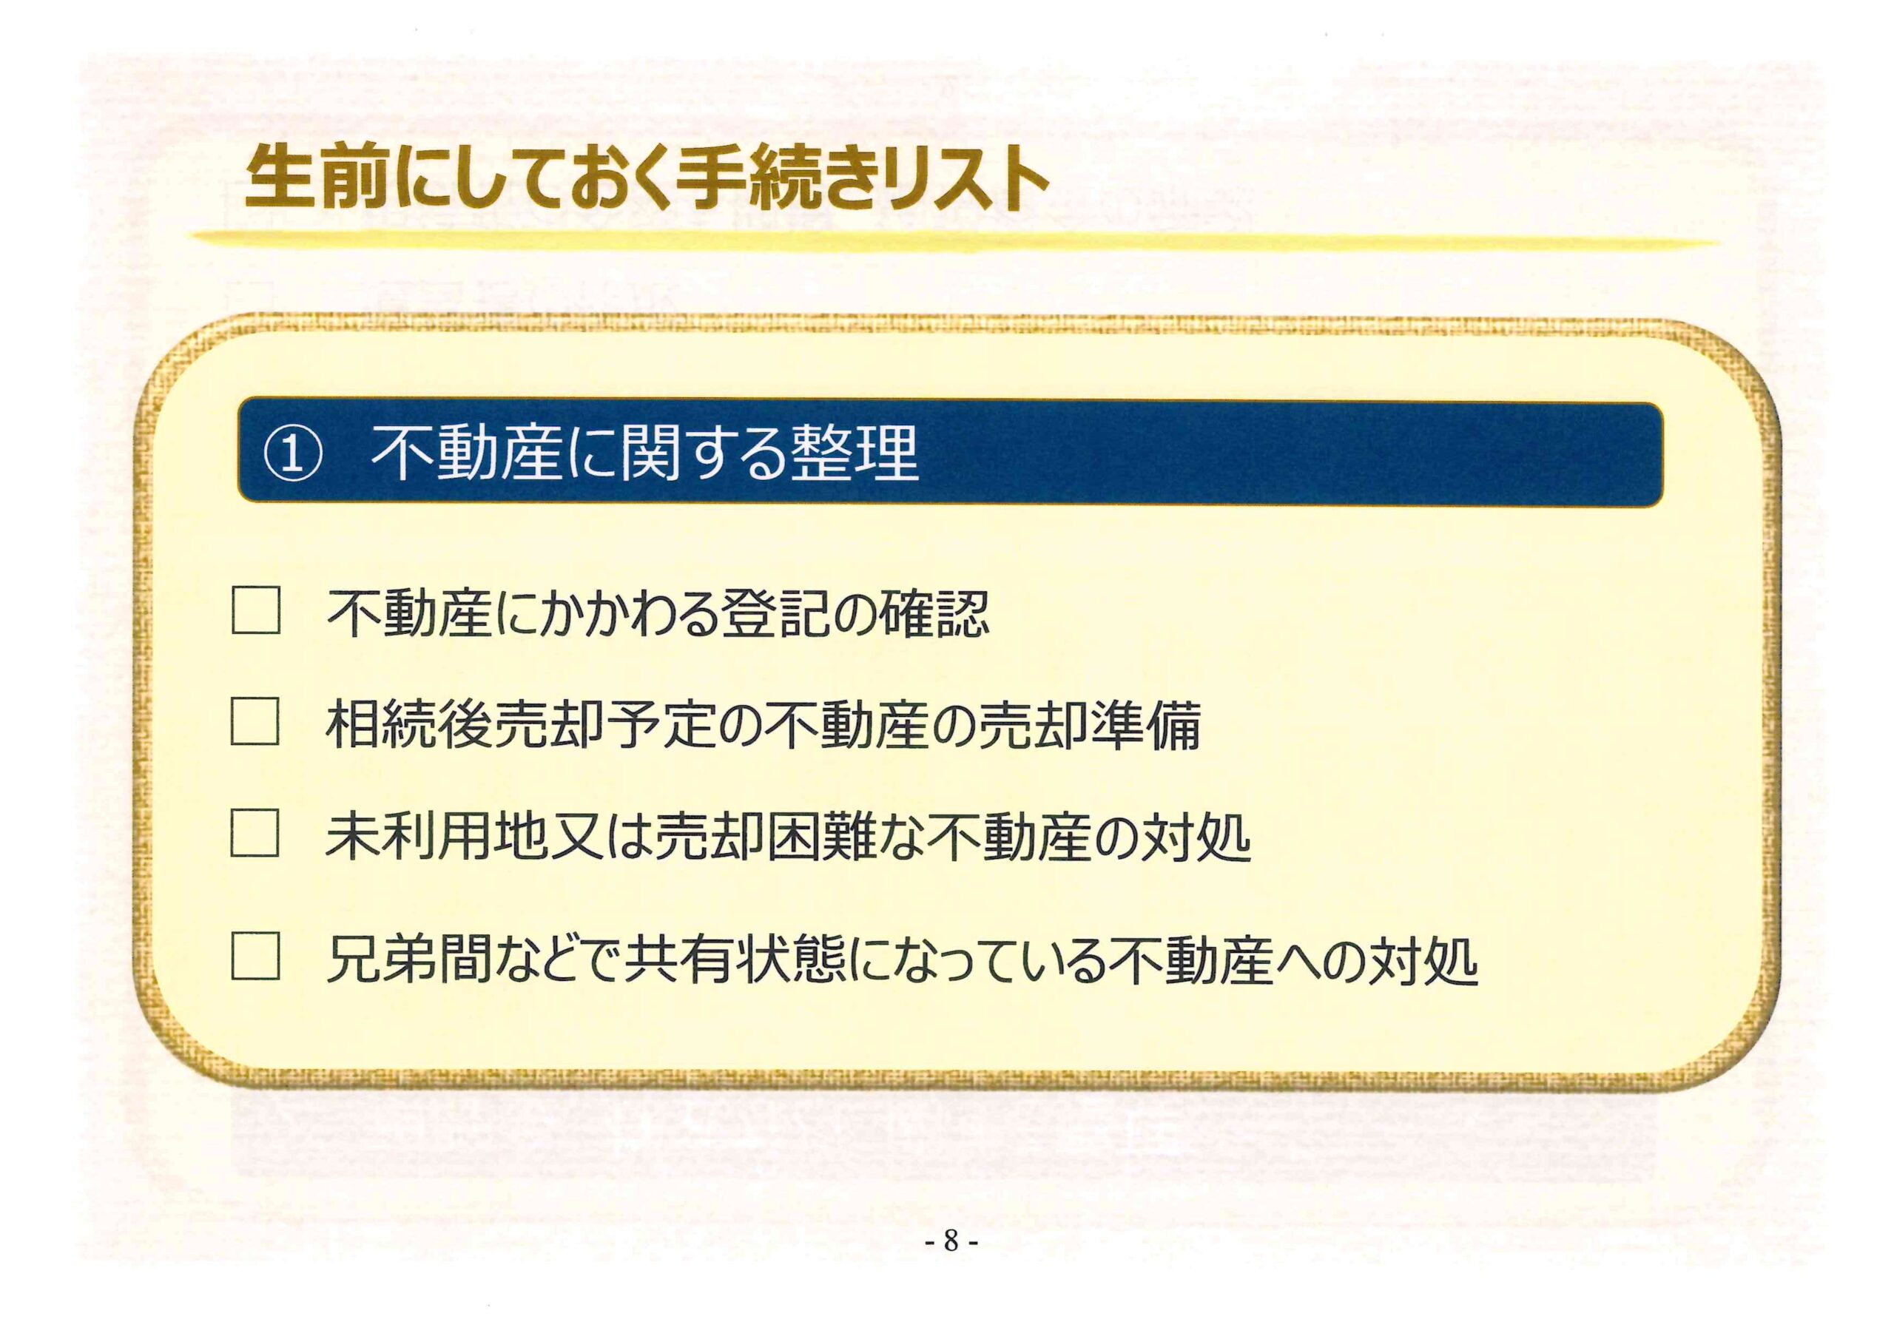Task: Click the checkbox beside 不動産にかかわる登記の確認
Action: tap(256, 610)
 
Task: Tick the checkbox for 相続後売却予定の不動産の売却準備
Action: tap(255, 722)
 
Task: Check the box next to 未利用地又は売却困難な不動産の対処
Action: tap(255, 833)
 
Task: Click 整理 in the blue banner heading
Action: tap(854, 453)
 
